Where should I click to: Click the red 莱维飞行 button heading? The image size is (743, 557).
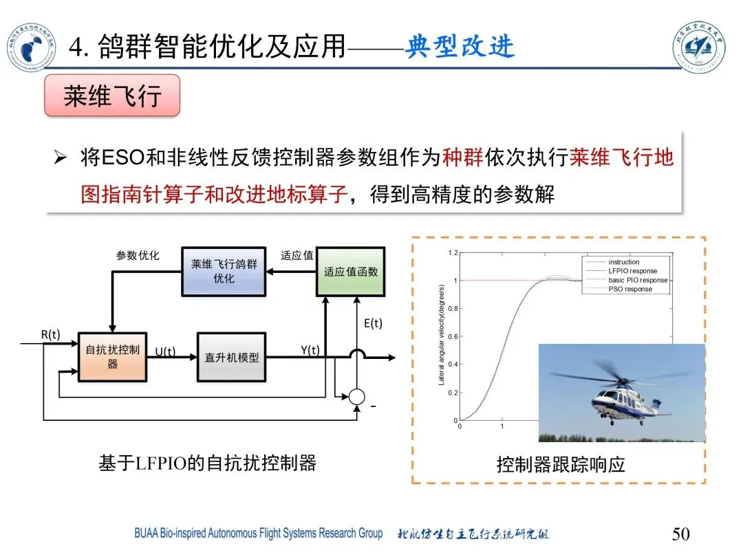112,96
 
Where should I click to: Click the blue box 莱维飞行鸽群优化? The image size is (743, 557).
224,271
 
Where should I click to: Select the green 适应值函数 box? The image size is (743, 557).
351,272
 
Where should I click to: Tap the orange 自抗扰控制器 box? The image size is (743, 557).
112,357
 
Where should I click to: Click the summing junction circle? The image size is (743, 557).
356,397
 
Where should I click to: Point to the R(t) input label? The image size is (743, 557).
51,335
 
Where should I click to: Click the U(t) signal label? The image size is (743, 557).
165,352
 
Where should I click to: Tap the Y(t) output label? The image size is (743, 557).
311,350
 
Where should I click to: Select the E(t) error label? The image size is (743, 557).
372,324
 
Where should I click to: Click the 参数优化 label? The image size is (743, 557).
138,256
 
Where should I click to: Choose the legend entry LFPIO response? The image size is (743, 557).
632,271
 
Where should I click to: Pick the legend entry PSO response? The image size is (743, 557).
629,289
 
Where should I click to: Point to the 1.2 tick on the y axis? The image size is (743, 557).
453,253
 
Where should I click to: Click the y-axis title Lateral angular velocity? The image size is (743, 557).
442,336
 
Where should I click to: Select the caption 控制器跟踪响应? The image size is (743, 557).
561,465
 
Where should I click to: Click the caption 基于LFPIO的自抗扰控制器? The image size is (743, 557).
207,463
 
